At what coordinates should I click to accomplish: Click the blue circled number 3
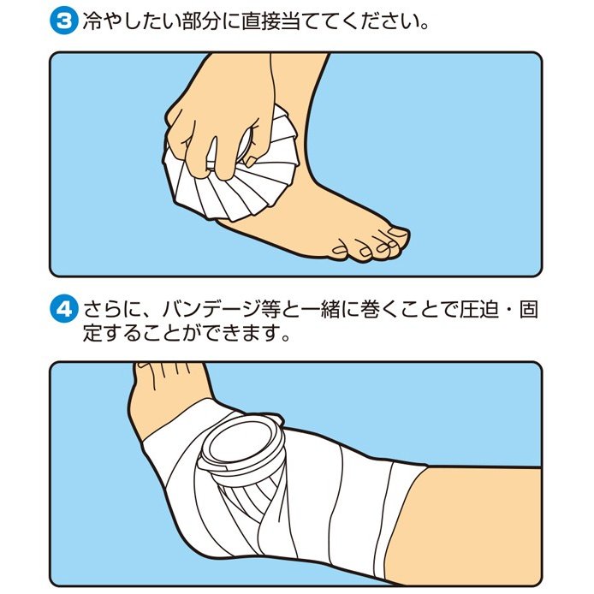(63, 21)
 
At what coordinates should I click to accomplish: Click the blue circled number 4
(63, 309)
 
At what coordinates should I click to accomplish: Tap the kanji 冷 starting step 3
(92, 21)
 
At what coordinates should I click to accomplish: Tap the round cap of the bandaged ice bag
(241, 447)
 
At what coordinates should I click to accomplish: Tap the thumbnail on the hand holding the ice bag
(251, 162)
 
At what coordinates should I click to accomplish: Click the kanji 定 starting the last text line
(92, 333)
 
